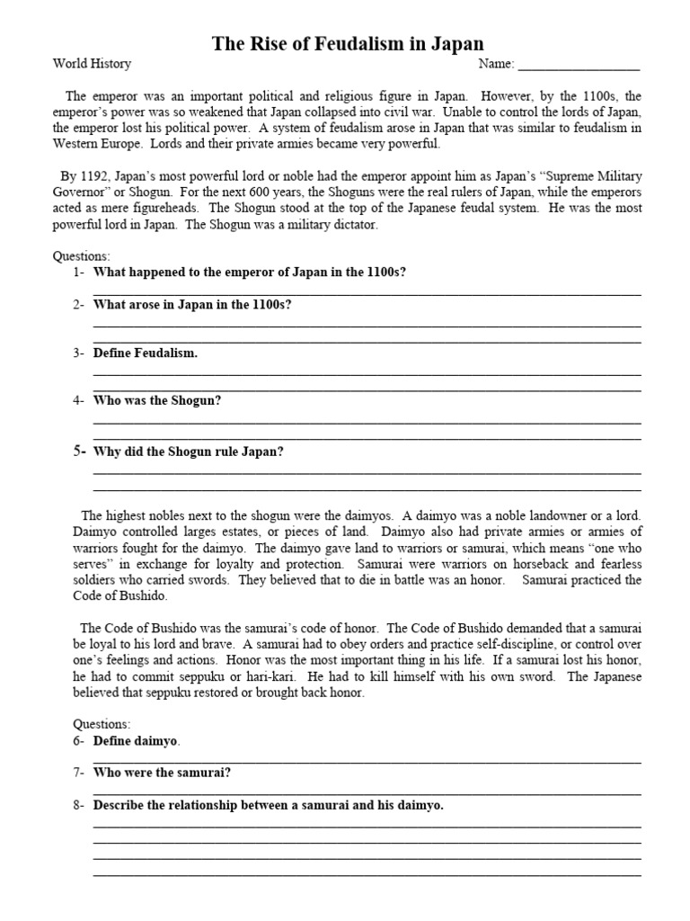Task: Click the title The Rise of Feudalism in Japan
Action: [x=347, y=43]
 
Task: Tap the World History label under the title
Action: [x=92, y=64]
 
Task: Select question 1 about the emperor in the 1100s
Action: [x=250, y=273]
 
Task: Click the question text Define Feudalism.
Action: [x=146, y=353]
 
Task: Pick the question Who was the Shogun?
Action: [x=157, y=401]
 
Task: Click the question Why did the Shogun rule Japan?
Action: [x=189, y=452]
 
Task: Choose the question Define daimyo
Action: [x=137, y=741]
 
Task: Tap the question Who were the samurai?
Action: [x=163, y=773]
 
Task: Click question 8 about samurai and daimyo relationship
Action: [x=269, y=806]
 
